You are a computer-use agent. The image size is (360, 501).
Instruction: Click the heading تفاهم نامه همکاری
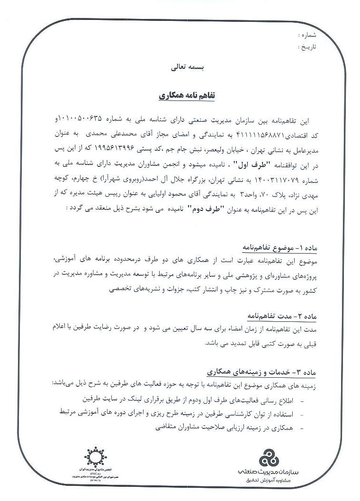(187, 95)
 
